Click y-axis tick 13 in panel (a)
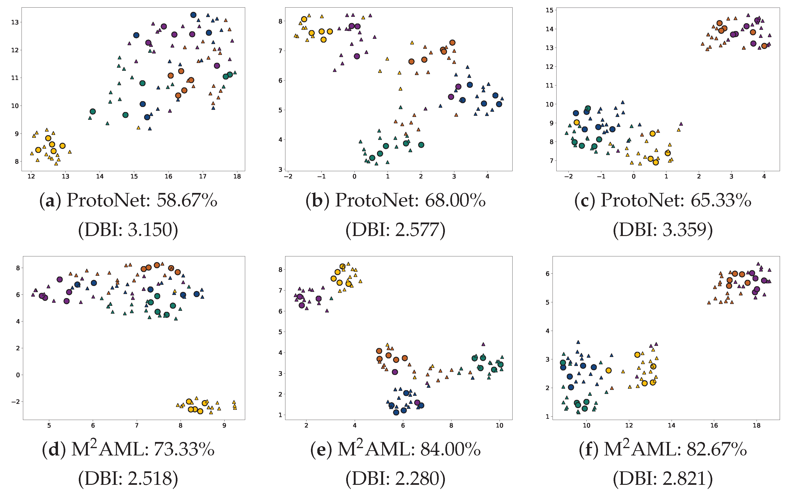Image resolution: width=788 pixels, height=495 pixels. (x=15, y=22)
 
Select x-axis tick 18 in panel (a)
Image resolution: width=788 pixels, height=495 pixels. (x=237, y=176)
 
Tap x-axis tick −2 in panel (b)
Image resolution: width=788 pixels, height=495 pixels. (x=288, y=176)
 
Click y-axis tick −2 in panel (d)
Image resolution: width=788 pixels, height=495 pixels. (x=15, y=402)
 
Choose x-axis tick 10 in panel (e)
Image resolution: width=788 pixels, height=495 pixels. (x=499, y=426)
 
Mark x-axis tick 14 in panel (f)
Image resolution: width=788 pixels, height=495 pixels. (x=672, y=426)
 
